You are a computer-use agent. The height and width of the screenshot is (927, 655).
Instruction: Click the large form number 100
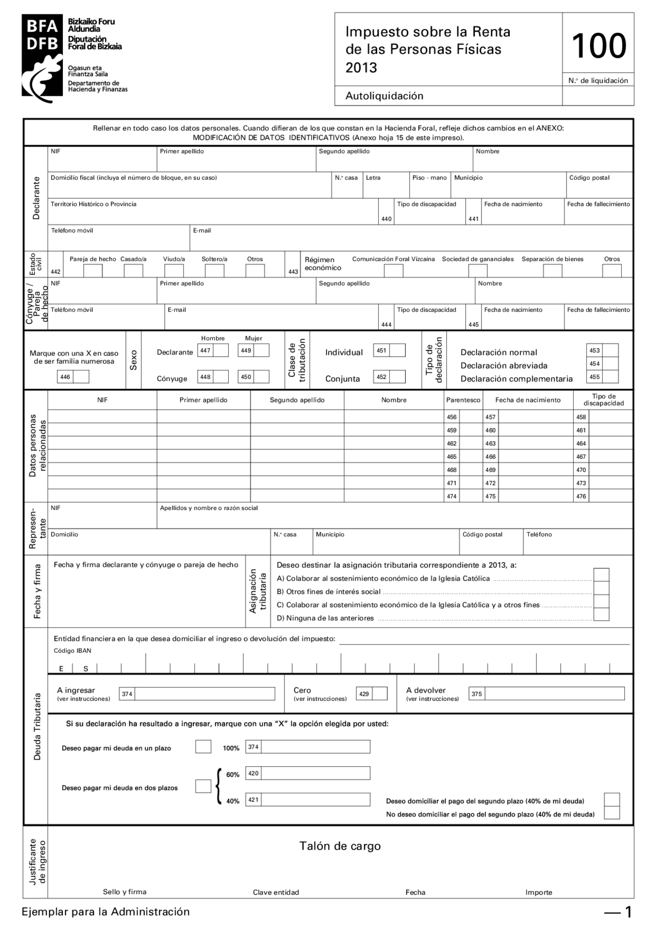(598, 46)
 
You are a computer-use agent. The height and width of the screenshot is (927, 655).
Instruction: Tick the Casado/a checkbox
(134, 271)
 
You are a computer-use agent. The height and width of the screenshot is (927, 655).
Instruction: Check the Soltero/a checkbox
(214, 271)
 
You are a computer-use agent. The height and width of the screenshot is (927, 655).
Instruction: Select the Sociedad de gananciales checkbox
(478, 271)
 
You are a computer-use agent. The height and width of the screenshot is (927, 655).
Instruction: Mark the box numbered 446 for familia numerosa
(81, 377)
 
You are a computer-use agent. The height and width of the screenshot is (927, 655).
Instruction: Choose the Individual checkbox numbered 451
(397, 351)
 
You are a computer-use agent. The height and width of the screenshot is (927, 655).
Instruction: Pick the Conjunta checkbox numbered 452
(397, 377)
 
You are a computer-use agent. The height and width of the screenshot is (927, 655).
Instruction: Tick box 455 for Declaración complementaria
(610, 377)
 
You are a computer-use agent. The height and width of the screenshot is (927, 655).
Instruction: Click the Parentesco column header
(463, 400)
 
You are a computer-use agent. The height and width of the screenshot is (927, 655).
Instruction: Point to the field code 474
(452, 497)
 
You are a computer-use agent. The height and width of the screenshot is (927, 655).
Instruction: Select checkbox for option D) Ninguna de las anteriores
(601, 615)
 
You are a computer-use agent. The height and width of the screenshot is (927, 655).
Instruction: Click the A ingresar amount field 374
(205, 694)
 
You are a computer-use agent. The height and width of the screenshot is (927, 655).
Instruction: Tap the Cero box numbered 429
(380, 694)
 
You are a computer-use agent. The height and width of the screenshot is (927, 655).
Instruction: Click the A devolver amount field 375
(554, 694)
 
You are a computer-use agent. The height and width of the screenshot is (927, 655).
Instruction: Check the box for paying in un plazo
(203, 747)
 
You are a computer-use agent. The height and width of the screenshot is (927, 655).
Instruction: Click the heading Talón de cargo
(340, 846)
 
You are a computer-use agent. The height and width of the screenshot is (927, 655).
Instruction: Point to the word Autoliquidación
(384, 96)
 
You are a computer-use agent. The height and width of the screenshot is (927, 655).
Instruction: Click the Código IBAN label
(73, 651)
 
